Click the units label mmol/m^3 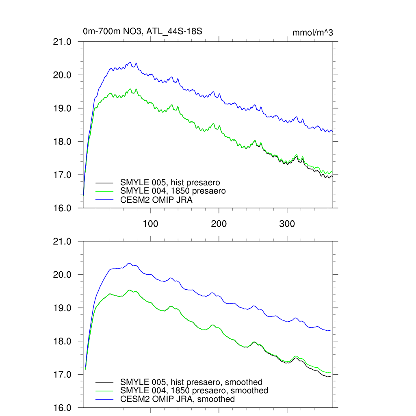[x=312, y=32]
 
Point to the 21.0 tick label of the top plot [x=63, y=42]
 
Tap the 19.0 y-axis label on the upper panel [x=63, y=108]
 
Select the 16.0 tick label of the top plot [x=63, y=208]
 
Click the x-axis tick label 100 [x=151, y=224]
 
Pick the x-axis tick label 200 [x=219, y=224]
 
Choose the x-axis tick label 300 [x=287, y=224]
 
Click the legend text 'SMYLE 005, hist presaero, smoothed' [x=191, y=382]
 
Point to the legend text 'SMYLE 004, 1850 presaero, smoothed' [x=194, y=390]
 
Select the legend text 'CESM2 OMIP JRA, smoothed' [x=178, y=399]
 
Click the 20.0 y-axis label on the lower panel [x=63, y=275]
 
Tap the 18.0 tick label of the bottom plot [x=63, y=341]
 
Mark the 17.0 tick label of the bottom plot [x=63, y=375]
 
